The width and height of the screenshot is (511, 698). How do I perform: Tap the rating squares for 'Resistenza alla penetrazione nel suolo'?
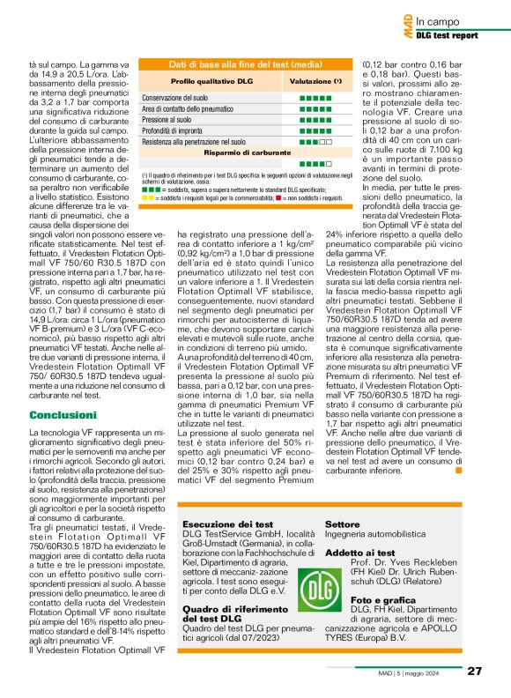tap(315, 141)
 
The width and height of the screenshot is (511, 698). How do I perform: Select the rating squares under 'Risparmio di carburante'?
tap(315, 164)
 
